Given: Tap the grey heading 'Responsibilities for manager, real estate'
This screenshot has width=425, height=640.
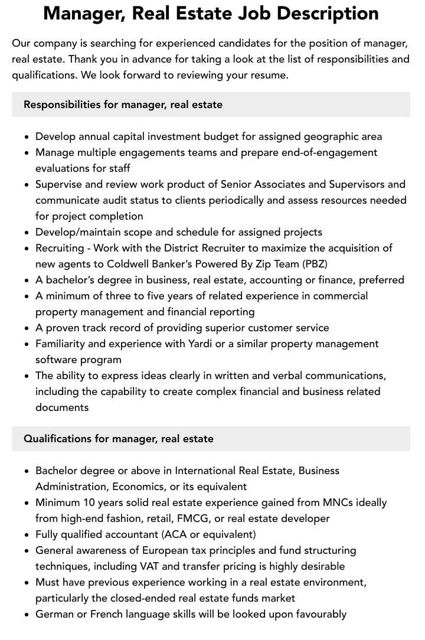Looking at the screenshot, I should point(123,105).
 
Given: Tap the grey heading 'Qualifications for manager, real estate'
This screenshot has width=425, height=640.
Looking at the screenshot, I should point(119,439).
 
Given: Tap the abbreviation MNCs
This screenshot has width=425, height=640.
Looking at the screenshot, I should point(338,502).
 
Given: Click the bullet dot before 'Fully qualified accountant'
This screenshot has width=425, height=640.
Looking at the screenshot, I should point(27,535).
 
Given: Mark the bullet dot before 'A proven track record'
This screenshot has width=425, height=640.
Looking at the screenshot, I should point(27,328).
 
